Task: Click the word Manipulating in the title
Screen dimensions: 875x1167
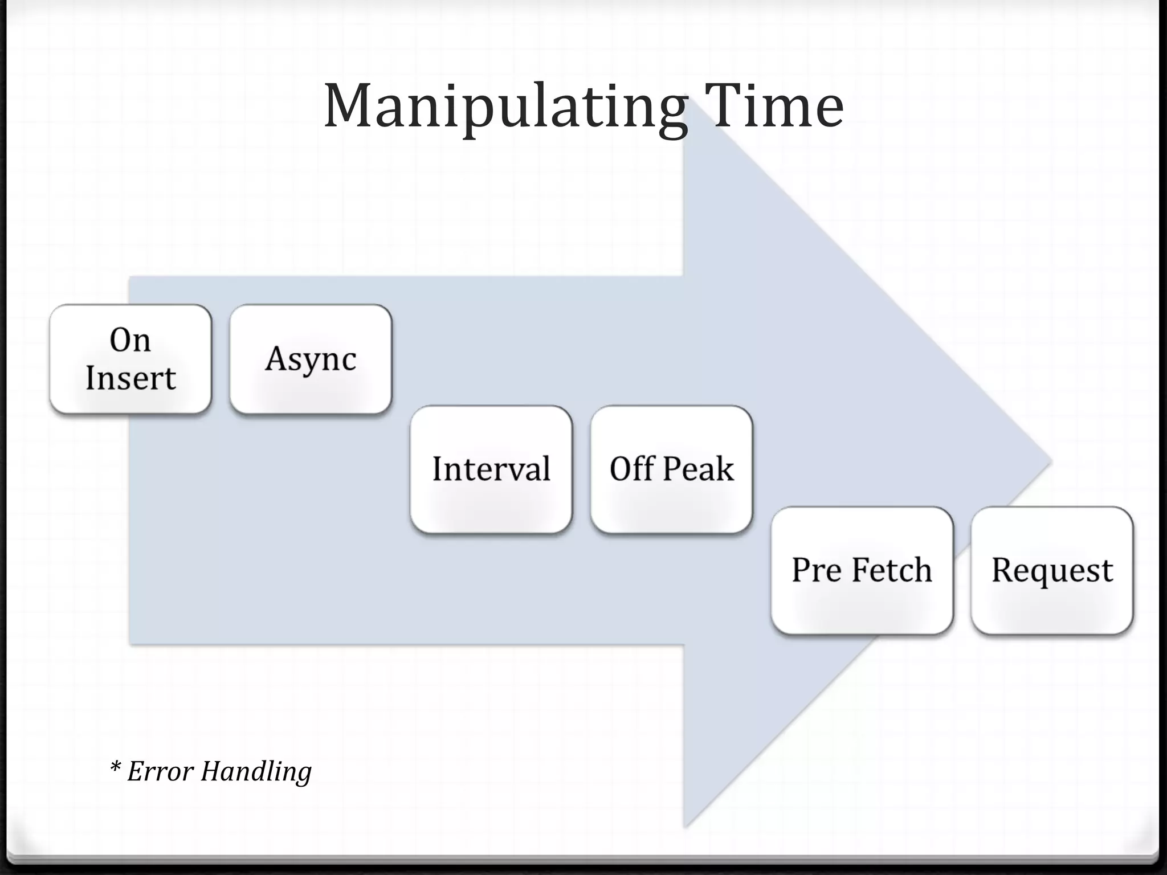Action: point(505,107)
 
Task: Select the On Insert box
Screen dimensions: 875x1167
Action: point(130,359)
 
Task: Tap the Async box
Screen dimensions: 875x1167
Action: point(311,359)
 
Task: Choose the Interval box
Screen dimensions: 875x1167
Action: point(491,469)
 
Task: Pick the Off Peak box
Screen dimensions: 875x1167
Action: point(671,469)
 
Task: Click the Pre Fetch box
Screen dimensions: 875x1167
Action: point(862,570)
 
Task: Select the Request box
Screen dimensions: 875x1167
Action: point(1052,570)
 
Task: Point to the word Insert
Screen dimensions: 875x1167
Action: point(130,378)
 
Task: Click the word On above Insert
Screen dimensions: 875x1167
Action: point(130,341)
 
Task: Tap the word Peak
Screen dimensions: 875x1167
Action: point(698,469)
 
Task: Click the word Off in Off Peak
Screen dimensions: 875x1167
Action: point(631,469)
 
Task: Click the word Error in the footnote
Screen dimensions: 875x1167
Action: point(161,771)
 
